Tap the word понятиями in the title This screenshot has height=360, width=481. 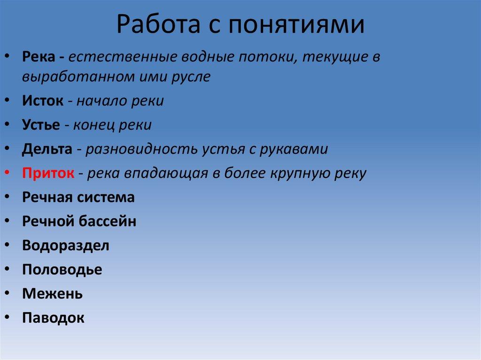(297, 26)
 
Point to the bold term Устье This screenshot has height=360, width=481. (41, 125)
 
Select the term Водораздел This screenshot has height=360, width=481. (65, 245)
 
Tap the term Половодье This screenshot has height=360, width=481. (62, 270)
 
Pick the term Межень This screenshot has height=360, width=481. (52, 294)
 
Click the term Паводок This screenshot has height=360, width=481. (53, 318)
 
